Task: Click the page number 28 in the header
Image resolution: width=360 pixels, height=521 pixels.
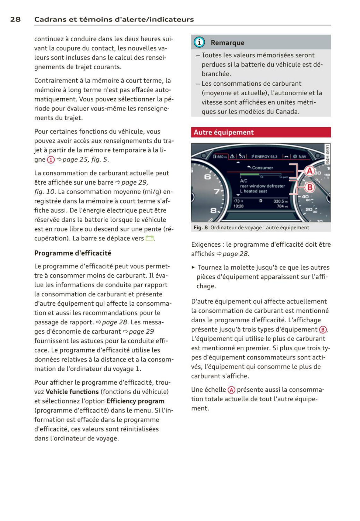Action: point(15,19)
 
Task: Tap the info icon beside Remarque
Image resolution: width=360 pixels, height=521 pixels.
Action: point(199,42)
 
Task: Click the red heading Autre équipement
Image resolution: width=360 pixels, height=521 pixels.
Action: point(224,132)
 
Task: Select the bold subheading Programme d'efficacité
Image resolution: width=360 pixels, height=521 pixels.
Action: point(73,253)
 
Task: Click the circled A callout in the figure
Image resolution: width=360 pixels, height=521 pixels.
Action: point(310,171)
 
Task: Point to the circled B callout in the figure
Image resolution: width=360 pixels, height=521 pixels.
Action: point(310,187)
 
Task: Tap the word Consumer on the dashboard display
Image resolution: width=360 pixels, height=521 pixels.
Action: point(262,168)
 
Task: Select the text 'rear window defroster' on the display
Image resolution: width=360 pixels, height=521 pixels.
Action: point(262,186)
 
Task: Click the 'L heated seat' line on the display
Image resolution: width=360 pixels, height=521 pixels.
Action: point(253,191)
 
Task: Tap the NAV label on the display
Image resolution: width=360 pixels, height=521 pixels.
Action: point(302,157)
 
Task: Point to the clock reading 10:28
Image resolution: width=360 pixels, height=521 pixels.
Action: point(238,206)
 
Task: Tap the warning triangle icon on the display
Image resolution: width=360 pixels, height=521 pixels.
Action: point(232,156)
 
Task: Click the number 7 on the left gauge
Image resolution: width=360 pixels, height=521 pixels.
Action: point(217,191)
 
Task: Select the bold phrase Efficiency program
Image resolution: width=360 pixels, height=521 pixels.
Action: point(135,401)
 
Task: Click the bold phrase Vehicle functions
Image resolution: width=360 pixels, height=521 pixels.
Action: point(72,392)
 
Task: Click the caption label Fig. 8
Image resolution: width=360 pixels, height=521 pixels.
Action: point(200,228)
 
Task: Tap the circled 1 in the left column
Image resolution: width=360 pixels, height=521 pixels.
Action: point(51,160)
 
